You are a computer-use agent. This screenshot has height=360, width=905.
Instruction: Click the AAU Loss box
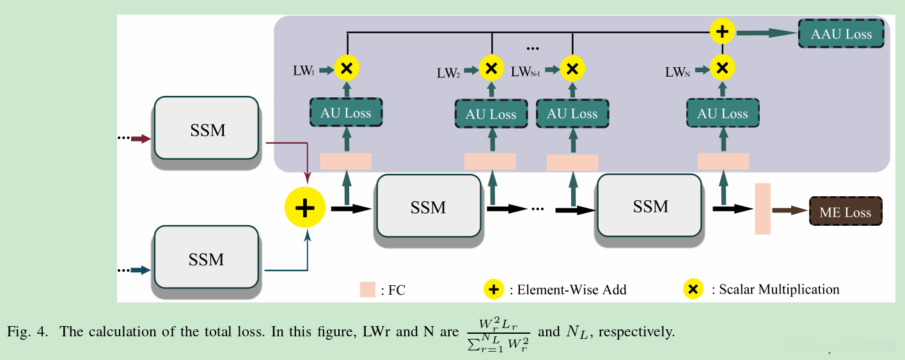(841, 34)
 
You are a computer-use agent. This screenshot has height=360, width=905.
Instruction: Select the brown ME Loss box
(846, 212)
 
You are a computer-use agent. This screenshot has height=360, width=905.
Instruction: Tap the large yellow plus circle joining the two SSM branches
(305, 208)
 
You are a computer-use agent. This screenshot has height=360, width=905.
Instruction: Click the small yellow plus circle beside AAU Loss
(723, 31)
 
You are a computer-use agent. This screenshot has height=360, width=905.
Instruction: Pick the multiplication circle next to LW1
(347, 67)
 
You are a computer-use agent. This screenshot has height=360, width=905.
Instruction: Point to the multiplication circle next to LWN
(723, 67)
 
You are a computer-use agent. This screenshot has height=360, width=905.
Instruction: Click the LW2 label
(448, 72)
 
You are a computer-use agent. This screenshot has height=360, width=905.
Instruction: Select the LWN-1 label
(526, 72)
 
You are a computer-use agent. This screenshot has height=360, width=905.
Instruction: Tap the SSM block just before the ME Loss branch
(649, 206)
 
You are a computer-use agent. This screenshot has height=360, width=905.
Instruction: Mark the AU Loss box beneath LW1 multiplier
(346, 113)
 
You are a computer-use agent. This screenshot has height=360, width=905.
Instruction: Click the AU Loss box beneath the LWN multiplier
(722, 114)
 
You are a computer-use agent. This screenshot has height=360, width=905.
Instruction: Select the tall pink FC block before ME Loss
(762, 208)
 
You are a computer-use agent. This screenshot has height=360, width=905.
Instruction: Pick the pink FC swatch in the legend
(367, 290)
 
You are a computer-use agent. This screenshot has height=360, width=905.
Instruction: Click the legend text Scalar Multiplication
(779, 290)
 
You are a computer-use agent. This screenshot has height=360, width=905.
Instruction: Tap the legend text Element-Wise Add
(567, 290)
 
